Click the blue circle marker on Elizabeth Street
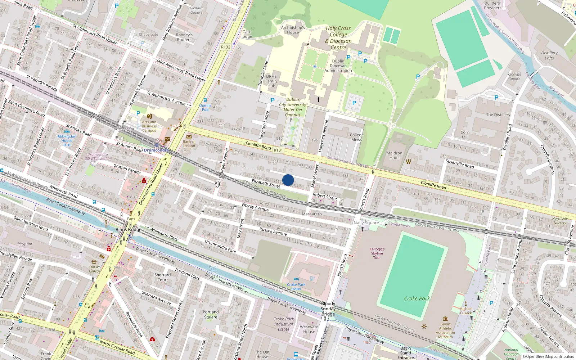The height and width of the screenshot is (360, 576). [288, 180]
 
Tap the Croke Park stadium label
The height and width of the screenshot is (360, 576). [417, 298]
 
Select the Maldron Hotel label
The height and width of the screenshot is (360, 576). [394, 156]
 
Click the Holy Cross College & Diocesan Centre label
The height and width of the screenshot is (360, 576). [338, 38]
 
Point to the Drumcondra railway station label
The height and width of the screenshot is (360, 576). [156, 150]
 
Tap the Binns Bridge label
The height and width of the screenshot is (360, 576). [129, 230]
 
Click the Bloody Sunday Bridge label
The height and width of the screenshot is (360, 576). [328, 309]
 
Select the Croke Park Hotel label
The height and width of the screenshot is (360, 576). [296, 287]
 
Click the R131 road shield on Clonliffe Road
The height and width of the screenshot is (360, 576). [278, 150]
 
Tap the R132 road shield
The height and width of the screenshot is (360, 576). [226, 47]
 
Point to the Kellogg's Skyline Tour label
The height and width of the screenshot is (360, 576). [377, 253]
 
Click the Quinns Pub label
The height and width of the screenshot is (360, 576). [205, 107]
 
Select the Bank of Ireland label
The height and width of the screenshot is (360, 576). [189, 144]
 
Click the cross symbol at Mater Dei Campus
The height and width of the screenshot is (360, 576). [318, 99]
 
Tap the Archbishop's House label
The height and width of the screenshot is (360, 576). [293, 30]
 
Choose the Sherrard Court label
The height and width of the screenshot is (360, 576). [162, 277]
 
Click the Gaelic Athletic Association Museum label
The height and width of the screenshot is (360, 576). [445, 330]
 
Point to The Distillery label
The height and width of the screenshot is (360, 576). [498, 115]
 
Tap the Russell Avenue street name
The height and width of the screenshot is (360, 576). [273, 231]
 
